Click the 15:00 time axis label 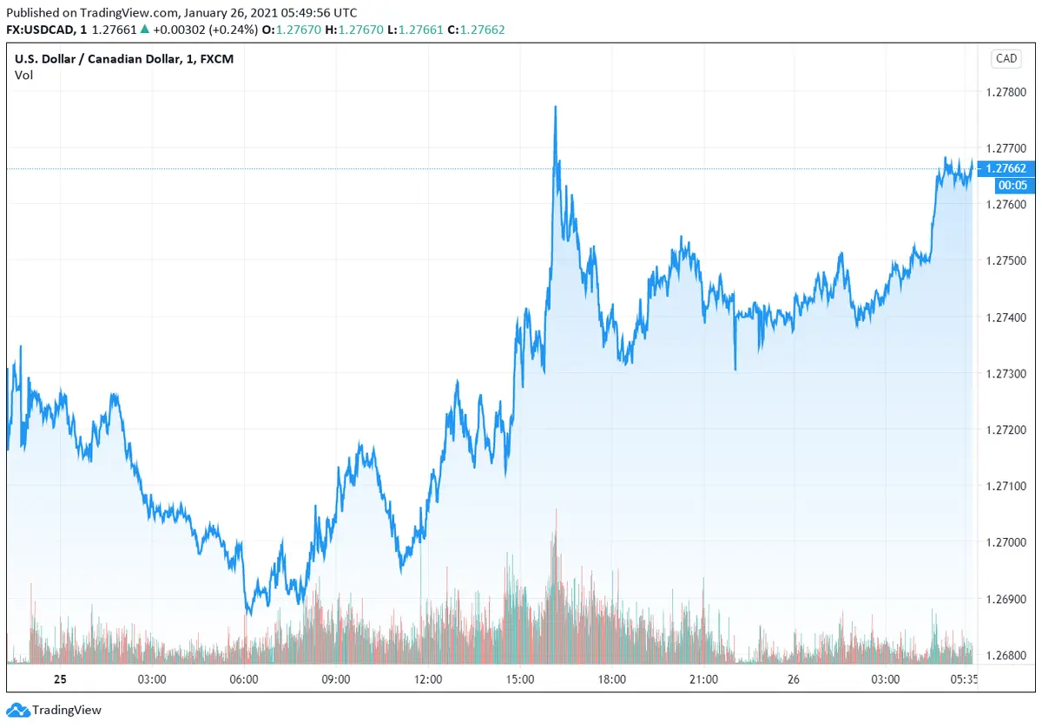click(x=520, y=679)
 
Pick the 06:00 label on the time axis click(x=243, y=679)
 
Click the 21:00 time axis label click(x=703, y=679)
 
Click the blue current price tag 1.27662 click(x=1005, y=168)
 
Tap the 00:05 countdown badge click(x=1005, y=185)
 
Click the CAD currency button click(x=1006, y=59)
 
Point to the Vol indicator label click(x=23, y=75)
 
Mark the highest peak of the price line click(x=555, y=107)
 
